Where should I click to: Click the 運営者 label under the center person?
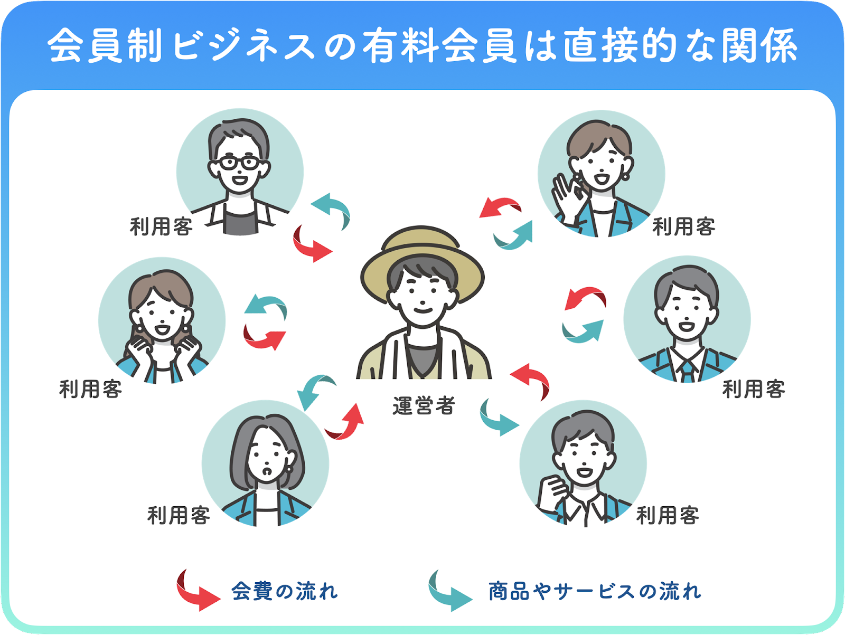(x=423, y=406)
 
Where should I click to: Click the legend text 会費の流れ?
(x=284, y=591)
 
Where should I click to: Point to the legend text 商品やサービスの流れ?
(x=595, y=591)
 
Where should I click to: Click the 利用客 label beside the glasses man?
(x=161, y=226)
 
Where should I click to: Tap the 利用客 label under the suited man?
(x=753, y=389)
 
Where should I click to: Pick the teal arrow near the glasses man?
(x=332, y=208)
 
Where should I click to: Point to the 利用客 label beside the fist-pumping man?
(x=668, y=515)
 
